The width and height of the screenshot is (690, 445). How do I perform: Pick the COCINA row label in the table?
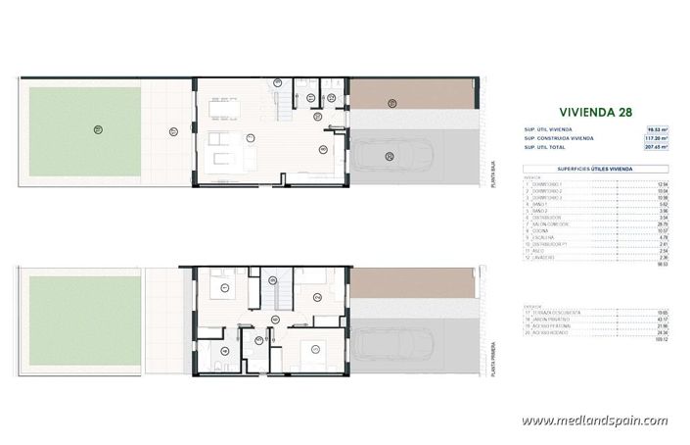coord(542,232)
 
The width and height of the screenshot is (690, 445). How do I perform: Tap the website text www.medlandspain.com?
coord(595,420)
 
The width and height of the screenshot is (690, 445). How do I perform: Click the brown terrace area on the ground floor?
coord(411,93)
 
